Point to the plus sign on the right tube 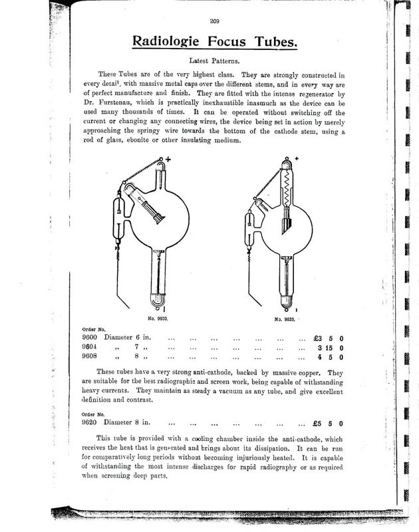click(x=295, y=158)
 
